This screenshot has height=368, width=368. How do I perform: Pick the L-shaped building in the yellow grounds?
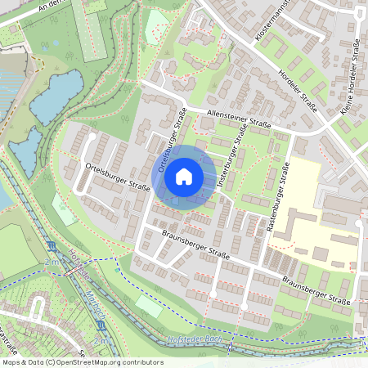299,224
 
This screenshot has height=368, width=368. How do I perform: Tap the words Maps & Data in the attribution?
20,362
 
